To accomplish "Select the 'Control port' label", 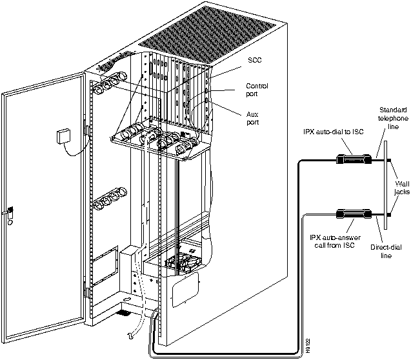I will (x=257, y=90).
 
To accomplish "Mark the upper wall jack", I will (x=390, y=159).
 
